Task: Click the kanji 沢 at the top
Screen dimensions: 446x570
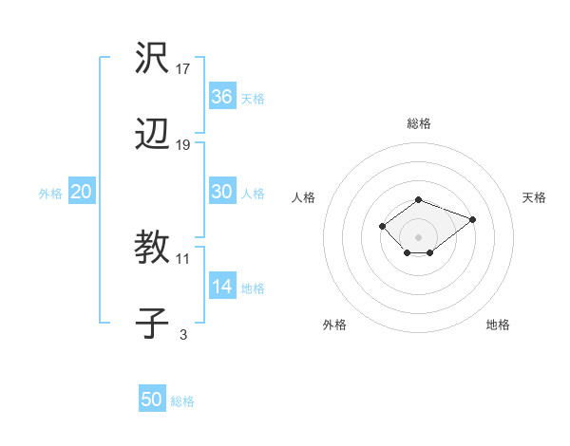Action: click(x=153, y=60)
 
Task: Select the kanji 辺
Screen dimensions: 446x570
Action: click(x=153, y=137)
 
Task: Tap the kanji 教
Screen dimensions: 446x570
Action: click(x=153, y=250)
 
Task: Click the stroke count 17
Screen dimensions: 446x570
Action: click(x=183, y=68)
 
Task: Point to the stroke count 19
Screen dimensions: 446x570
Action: click(x=183, y=145)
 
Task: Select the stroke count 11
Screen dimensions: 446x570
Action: click(x=183, y=258)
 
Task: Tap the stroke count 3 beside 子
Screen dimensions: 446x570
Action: click(x=183, y=334)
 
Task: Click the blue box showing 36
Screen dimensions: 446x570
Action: click(x=222, y=96)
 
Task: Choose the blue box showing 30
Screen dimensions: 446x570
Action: click(x=222, y=192)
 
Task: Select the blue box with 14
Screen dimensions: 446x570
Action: click(x=222, y=287)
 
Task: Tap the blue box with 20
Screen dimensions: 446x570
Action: click(x=82, y=192)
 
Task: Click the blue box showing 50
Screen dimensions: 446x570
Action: click(x=152, y=400)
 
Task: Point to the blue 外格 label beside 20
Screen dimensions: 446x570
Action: click(x=50, y=194)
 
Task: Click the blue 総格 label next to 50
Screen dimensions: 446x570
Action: click(x=182, y=401)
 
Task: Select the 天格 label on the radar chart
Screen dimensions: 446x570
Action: click(x=534, y=197)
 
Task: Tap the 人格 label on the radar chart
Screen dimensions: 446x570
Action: click(x=304, y=197)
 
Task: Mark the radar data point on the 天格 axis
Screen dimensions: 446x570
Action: click(x=472, y=219)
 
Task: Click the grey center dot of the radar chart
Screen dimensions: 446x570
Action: click(x=418, y=236)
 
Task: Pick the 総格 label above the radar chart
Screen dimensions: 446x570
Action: click(x=419, y=123)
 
